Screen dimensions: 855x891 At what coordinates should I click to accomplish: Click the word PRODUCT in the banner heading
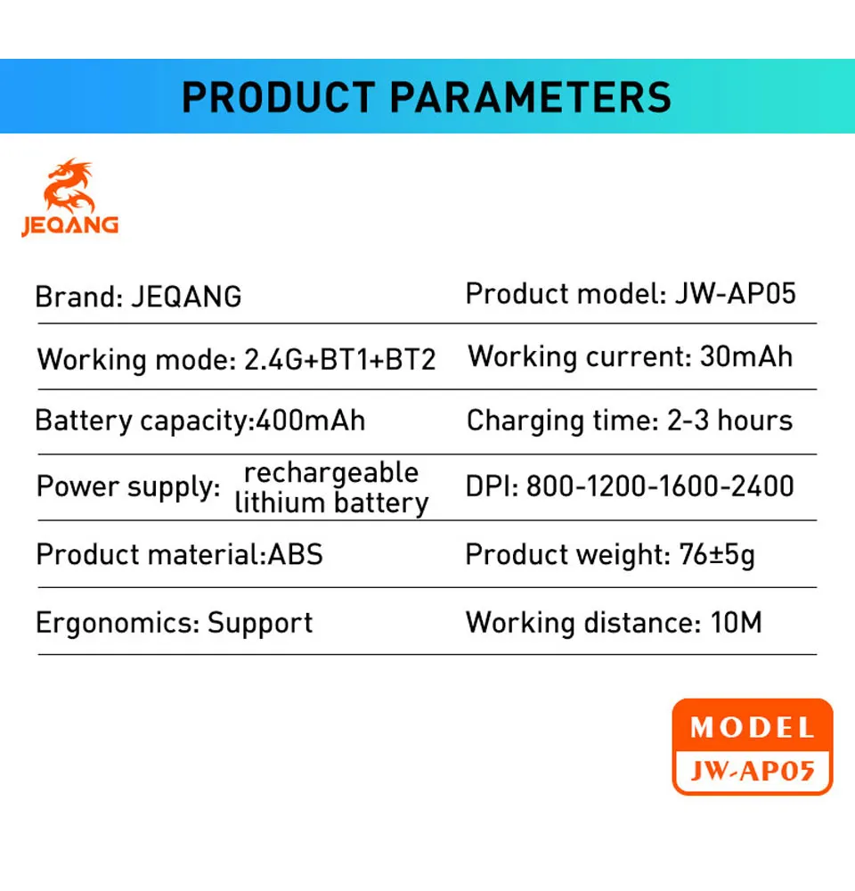point(279,97)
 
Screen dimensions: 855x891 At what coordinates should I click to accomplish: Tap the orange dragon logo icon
point(69,185)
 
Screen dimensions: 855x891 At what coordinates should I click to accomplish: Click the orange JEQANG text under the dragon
point(69,225)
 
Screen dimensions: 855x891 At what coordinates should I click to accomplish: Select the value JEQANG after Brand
point(186,297)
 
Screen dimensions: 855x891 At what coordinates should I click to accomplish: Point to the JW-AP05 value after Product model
point(736,294)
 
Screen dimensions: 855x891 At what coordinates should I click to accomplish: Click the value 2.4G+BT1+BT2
point(339,360)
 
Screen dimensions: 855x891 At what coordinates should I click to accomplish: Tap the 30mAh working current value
point(746,357)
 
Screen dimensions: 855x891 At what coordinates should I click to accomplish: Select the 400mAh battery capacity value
point(310,421)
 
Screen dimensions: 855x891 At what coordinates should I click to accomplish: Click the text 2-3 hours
point(729,421)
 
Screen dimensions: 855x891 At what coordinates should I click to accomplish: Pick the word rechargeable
point(331,473)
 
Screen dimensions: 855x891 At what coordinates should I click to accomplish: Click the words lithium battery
point(332,503)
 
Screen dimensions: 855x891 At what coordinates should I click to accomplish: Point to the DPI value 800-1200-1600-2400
point(660,486)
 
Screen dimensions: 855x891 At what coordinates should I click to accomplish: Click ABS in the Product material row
point(296,554)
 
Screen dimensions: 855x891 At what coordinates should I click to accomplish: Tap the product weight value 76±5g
point(717,555)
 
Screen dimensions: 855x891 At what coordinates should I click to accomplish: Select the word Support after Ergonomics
point(260,624)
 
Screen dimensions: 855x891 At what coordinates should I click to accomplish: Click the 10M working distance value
point(737,623)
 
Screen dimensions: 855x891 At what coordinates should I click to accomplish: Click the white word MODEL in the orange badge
point(753,728)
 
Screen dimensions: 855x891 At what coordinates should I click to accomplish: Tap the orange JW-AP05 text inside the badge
point(753,771)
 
